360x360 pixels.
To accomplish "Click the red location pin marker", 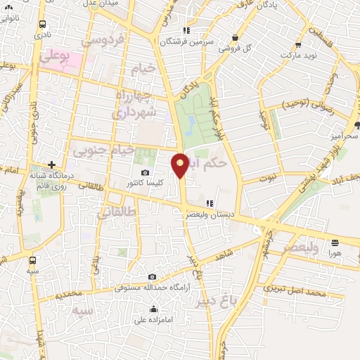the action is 180,165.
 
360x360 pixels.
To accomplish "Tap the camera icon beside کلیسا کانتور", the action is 145,173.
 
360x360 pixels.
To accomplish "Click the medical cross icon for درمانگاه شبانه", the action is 51,165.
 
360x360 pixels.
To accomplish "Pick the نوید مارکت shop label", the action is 304,54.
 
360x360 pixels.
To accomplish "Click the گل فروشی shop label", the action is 236,49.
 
